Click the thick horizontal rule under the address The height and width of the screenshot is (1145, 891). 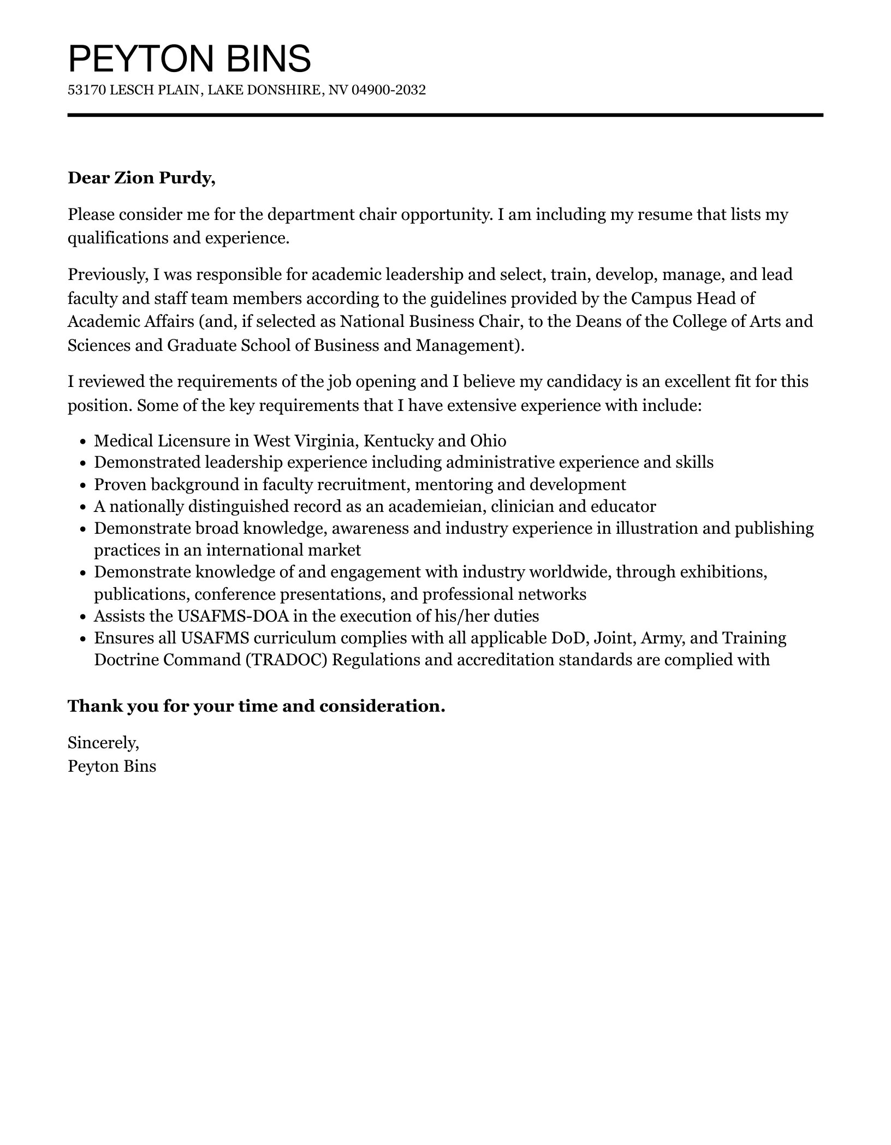445,115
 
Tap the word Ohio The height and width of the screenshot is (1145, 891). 488,440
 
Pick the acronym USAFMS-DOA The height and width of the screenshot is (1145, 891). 233,616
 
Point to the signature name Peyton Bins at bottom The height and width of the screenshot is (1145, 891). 112,766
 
